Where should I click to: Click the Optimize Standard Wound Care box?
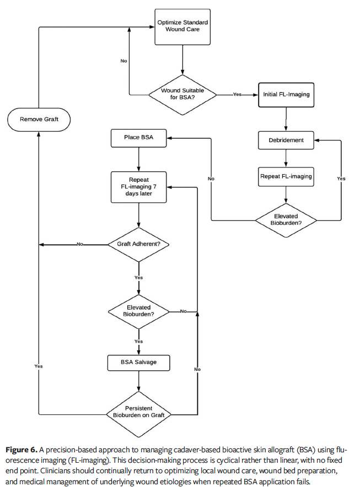(x=182, y=26)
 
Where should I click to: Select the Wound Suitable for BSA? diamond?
(x=182, y=94)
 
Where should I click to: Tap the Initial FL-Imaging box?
(x=286, y=94)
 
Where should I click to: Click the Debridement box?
(x=286, y=140)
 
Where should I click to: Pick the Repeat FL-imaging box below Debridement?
(x=286, y=176)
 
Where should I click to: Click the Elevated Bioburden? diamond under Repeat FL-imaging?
(x=286, y=220)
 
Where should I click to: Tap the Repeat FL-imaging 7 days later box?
(x=138, y=187)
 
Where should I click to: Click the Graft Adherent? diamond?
(x=138, y=244)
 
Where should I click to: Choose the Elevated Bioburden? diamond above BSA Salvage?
(x=138, y=311)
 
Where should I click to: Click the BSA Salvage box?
(x=138, y=362)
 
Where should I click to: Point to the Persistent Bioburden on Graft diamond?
(x=138, y=412)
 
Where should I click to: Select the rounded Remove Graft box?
(x=38, y=119)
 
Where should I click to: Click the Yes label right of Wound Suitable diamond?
(x=237, y=94)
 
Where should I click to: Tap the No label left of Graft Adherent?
(x=80, y=244)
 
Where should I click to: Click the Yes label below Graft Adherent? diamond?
(x=138, y=278)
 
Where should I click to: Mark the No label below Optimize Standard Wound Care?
(x=123, y=61)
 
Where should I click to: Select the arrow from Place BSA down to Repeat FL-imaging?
(x=138, y=160)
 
